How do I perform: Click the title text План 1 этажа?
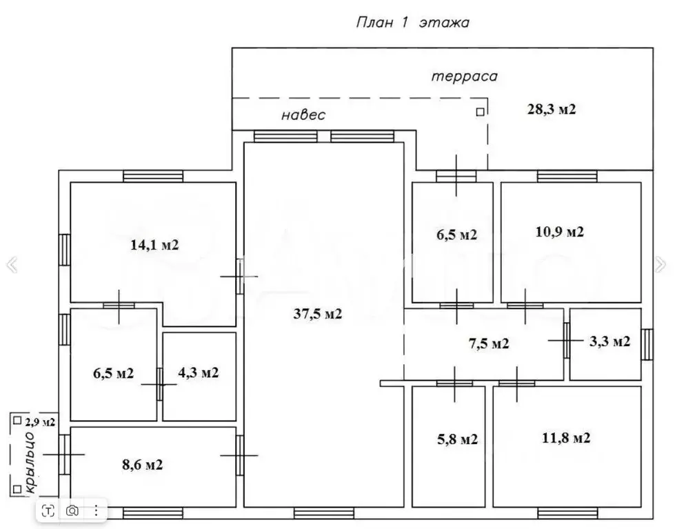point(413,22)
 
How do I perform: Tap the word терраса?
point(465,77)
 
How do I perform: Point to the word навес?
point(303,115)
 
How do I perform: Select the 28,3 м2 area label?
point(552,109)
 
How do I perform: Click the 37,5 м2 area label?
point(318,314)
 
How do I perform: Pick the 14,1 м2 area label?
point(154,245)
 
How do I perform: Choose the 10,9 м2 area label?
point(560,232)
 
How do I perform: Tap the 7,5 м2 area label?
point(489,343)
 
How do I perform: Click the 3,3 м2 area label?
point(609,341)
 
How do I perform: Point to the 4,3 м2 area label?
point(198,372)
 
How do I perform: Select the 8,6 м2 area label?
point(143,465)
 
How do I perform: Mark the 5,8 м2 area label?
point(458,439)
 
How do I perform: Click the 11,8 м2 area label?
point(566,438)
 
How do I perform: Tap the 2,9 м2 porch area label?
point(40,422)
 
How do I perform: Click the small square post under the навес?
point(480,112)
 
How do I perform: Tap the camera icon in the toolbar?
point(72,511)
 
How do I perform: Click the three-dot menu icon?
point(96,511)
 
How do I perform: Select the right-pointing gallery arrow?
point(660,264)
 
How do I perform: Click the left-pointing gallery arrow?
point(12,264)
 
